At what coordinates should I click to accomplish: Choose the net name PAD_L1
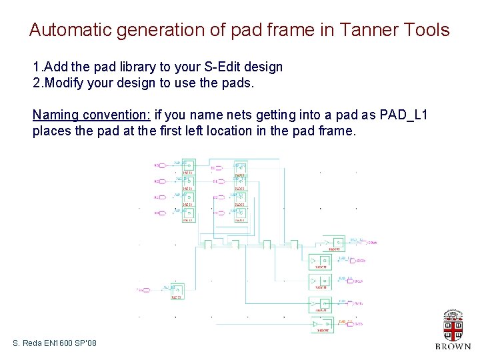tap(403, 115)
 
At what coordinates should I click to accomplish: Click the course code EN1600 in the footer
tap(59, 343)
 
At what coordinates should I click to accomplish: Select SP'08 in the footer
tap(87, 343)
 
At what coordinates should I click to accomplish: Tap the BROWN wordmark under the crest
tap(453, 347)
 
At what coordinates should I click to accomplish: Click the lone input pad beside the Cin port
tap(177, 291)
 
